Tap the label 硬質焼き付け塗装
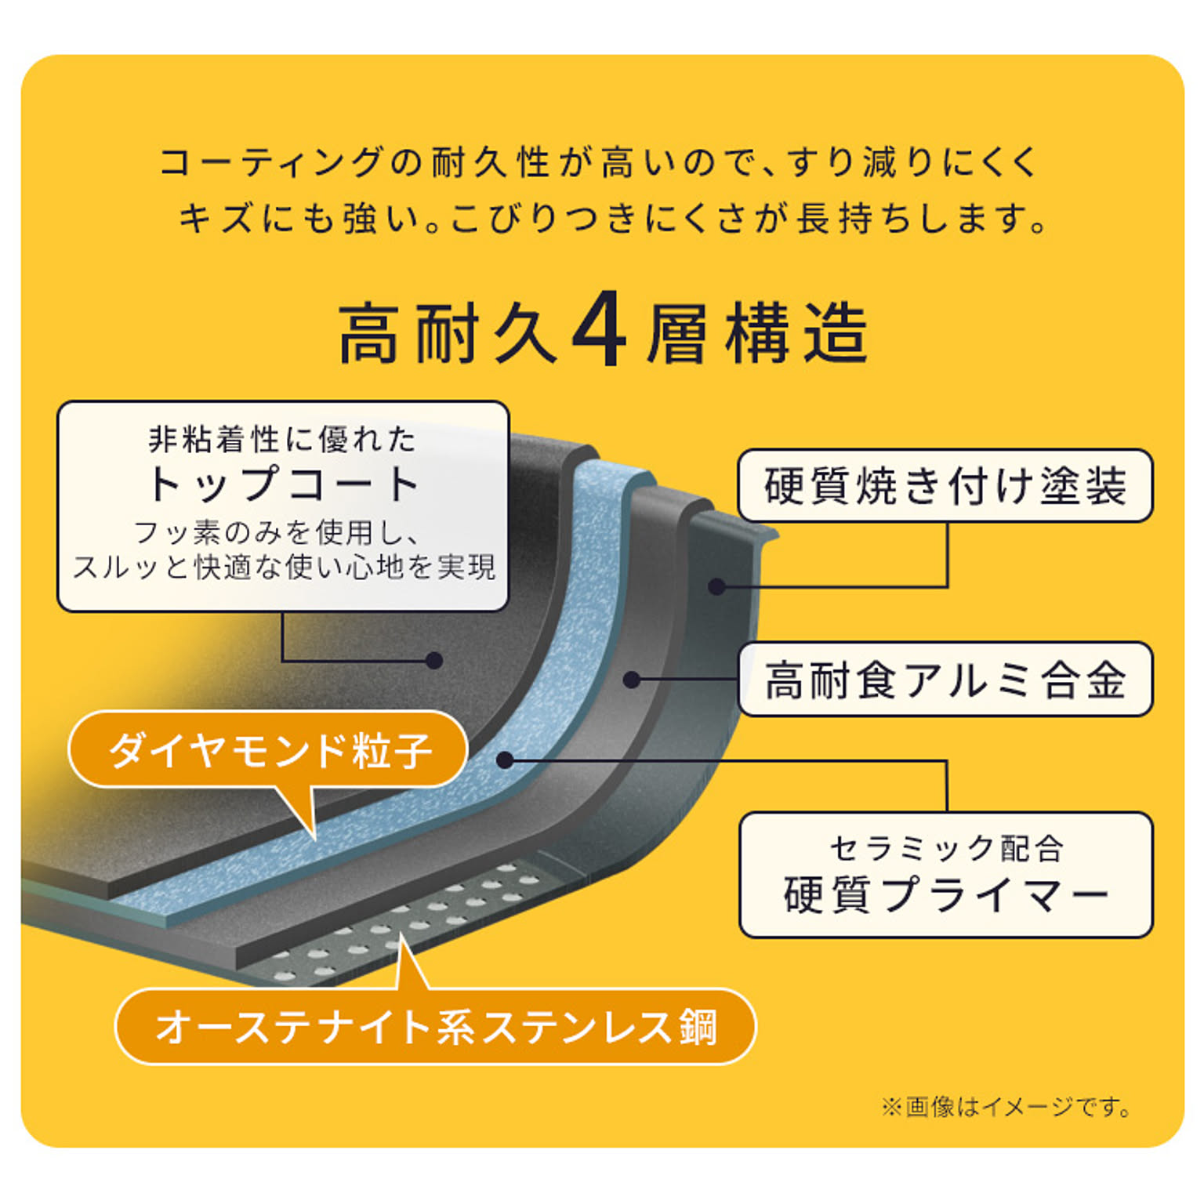pyautogui.click(x=945, y=485)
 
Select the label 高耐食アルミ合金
pyautogui.click(x=945, y=679)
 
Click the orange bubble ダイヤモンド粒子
pyautogui.click(x=270, y=750)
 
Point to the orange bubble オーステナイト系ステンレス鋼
pyautogui.click(x=436, y=1027)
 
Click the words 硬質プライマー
pyautogui.click(x=945, y=894)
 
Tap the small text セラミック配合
pyautogui.click(x=945, y=848)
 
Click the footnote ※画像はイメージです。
pyautogui.click(x=1006, y=1107)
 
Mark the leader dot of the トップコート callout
pyautogui.click(x=433, y=660)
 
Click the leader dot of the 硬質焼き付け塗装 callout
pyautogui.click(x=716, y=586)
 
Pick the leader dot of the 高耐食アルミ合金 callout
pyautogui.click(x=632, y=680)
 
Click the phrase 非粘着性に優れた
pyautogui.click(x=282, y=439)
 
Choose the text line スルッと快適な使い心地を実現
pyautogui.click(x=284, y=567)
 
